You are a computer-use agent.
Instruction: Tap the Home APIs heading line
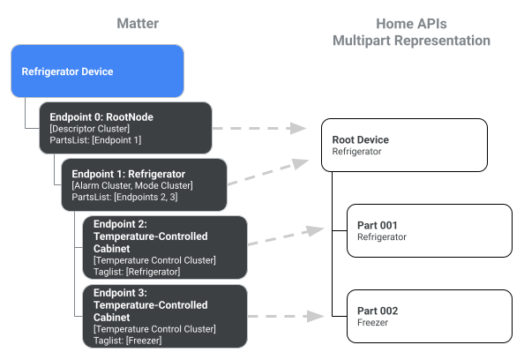coord(411,23)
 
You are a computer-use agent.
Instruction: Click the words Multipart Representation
coord(411,41)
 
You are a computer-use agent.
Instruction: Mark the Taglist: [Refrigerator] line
coord(137,272)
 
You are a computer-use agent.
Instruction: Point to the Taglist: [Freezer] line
coord(127,340)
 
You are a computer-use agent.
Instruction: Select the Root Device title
coord(360,139)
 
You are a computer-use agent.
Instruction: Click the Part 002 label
coord(378,311)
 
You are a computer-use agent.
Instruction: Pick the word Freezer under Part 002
coord(373,323)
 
